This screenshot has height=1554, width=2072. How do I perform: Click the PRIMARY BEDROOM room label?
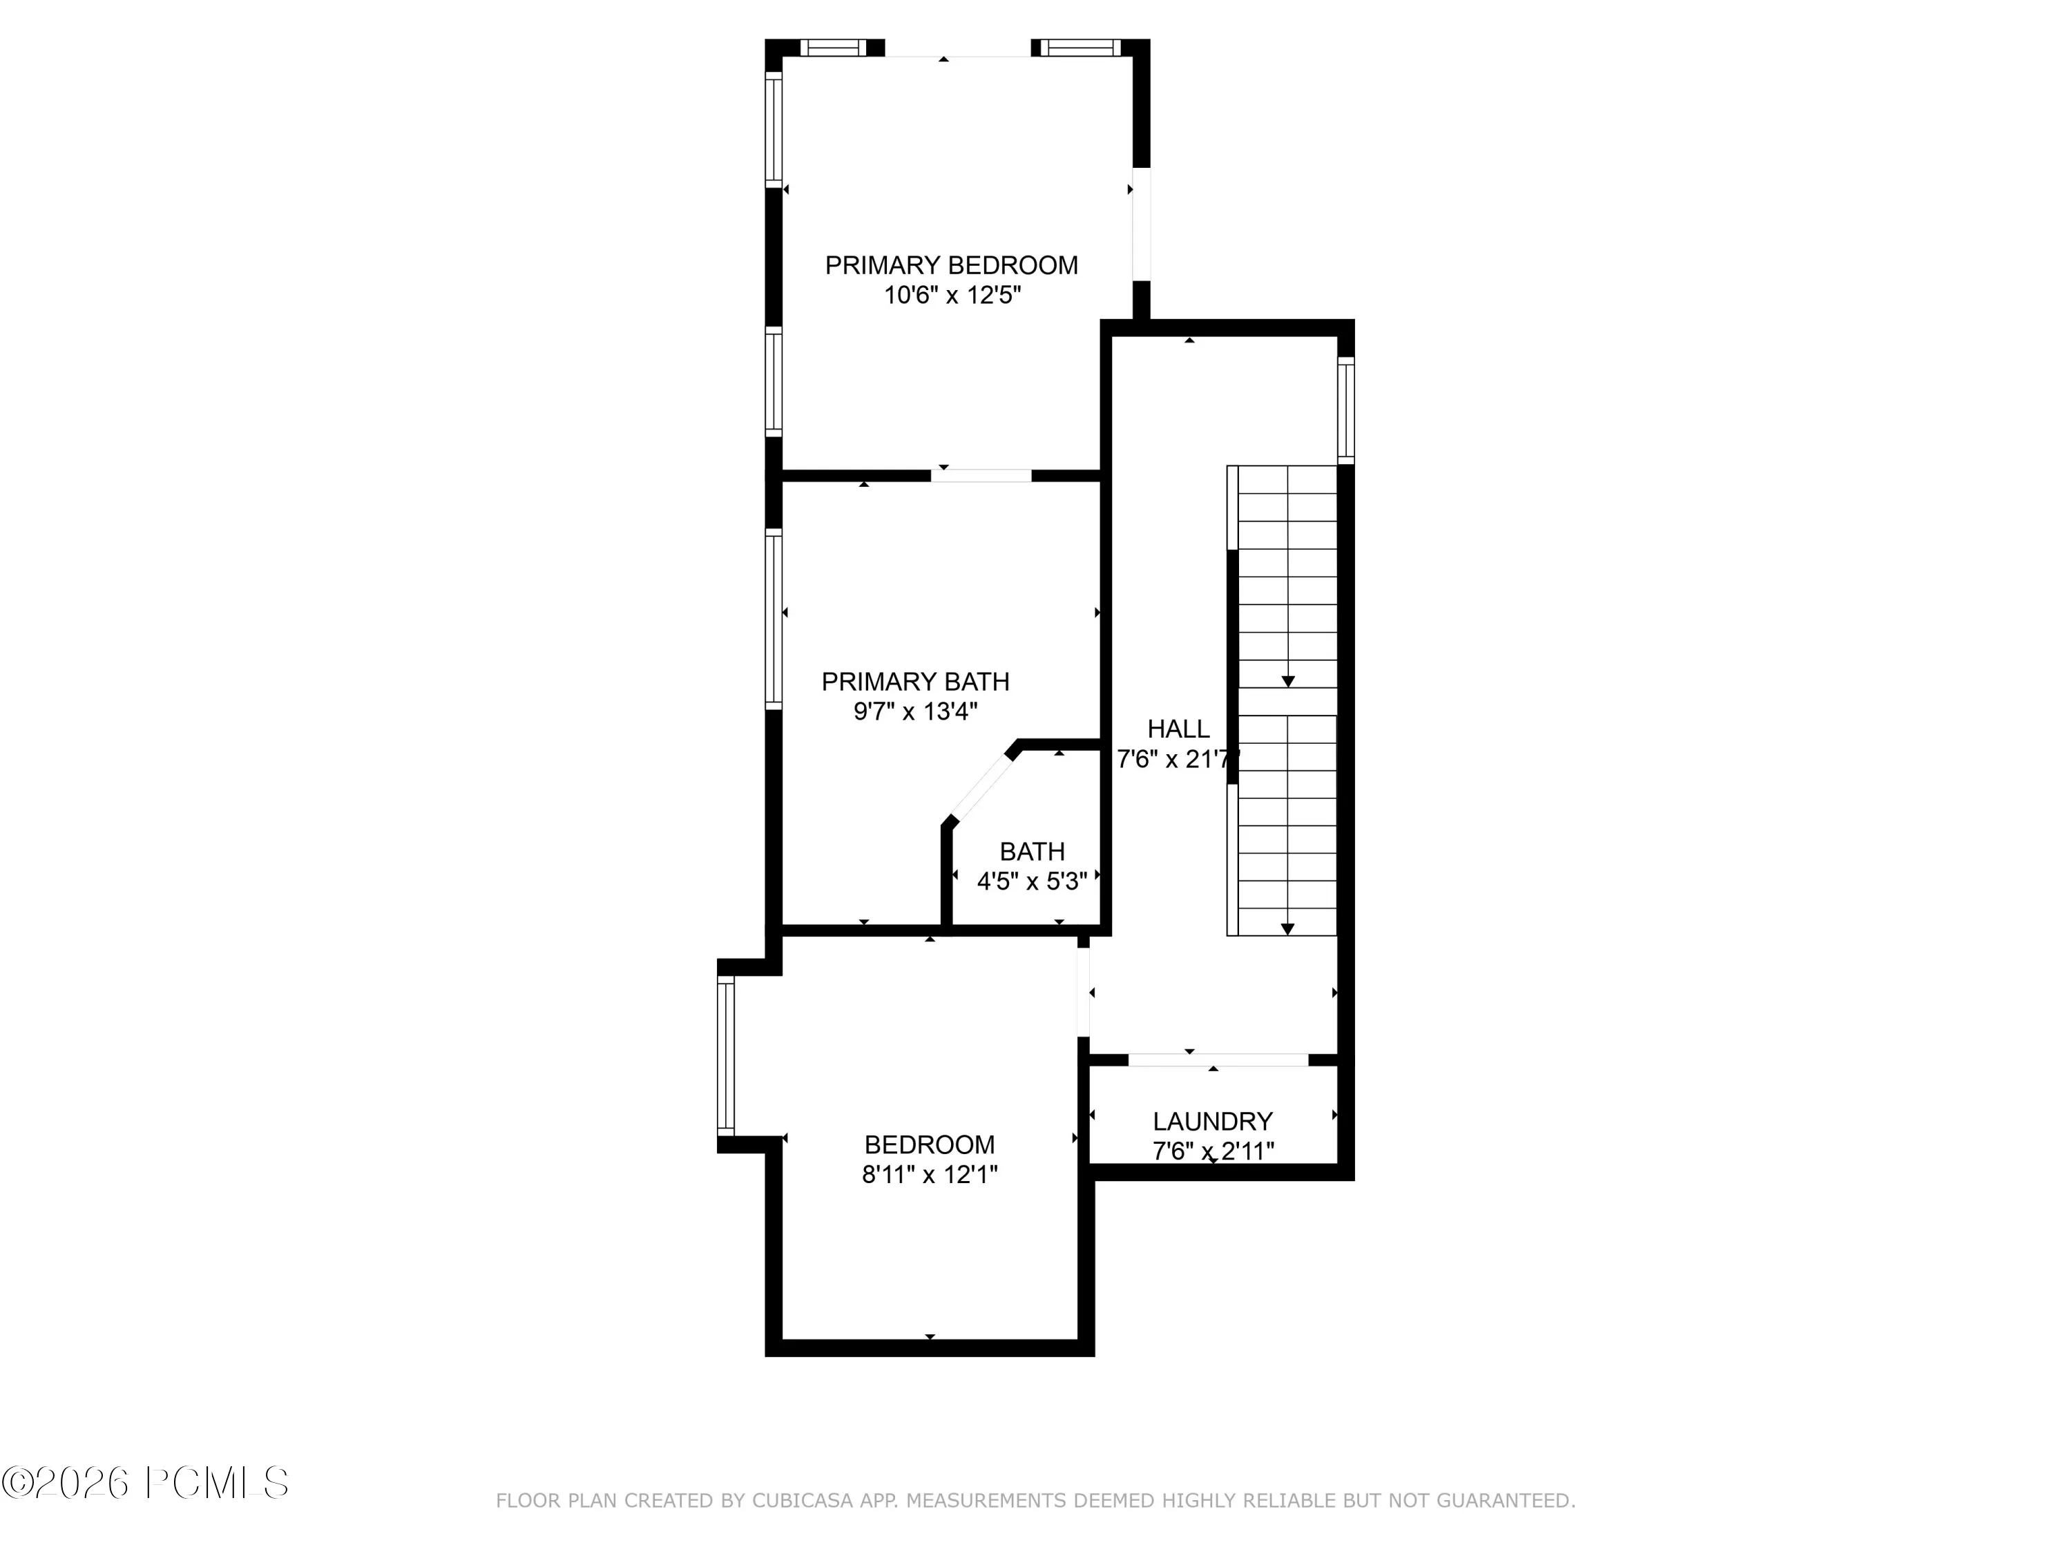click(951, 265)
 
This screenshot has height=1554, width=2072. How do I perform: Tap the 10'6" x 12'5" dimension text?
click(952, 295)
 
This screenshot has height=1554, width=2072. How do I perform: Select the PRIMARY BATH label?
click(915, 681)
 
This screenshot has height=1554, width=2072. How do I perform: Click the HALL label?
click(1178, 729)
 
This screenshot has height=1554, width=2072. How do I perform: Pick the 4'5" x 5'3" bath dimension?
click(1033, 881)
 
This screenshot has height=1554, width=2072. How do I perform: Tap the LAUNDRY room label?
click(1212, 1121)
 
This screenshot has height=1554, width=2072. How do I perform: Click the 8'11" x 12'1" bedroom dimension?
click(929, 1175)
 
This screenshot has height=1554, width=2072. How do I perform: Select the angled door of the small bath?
click(981, 789)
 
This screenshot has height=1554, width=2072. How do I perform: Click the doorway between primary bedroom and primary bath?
click(981, 476)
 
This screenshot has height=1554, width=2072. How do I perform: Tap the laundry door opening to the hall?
click(1218, 1059)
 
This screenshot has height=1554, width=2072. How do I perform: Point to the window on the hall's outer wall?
click(1345, 410)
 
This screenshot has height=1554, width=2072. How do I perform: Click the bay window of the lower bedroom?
click(726, 1055)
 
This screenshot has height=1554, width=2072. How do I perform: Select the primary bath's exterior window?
click(773, 618)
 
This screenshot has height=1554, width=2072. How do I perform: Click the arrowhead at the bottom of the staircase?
click(1288, 928)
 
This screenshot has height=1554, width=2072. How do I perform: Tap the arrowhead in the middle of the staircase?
click(1288, 681)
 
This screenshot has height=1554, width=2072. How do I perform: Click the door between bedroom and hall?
click(1084, 992)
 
